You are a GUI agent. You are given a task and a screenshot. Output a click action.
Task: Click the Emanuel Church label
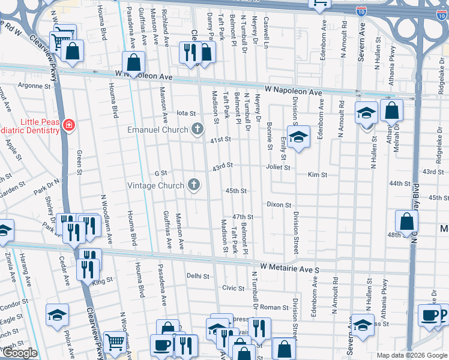coord(157,129)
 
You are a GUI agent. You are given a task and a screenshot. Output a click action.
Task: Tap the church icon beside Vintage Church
coord(193,185)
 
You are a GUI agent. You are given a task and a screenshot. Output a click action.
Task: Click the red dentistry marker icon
coord(70,125)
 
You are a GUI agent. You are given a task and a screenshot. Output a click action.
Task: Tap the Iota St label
coord(185,113)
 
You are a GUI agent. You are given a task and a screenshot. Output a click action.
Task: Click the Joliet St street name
coord(279,168)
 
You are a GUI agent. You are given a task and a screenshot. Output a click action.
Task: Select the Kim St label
coord(317,175)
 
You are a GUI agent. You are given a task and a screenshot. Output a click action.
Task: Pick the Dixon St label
coord(279,205)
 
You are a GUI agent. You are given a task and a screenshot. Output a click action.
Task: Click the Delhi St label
coord(197,277)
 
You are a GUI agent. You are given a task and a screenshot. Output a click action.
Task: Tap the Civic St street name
coord(234,287)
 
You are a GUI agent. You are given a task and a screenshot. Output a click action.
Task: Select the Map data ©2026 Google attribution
coord(412,355)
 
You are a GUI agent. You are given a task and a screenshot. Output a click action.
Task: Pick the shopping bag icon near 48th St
coord(407,221)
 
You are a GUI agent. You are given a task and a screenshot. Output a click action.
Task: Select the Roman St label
coord(278,307)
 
